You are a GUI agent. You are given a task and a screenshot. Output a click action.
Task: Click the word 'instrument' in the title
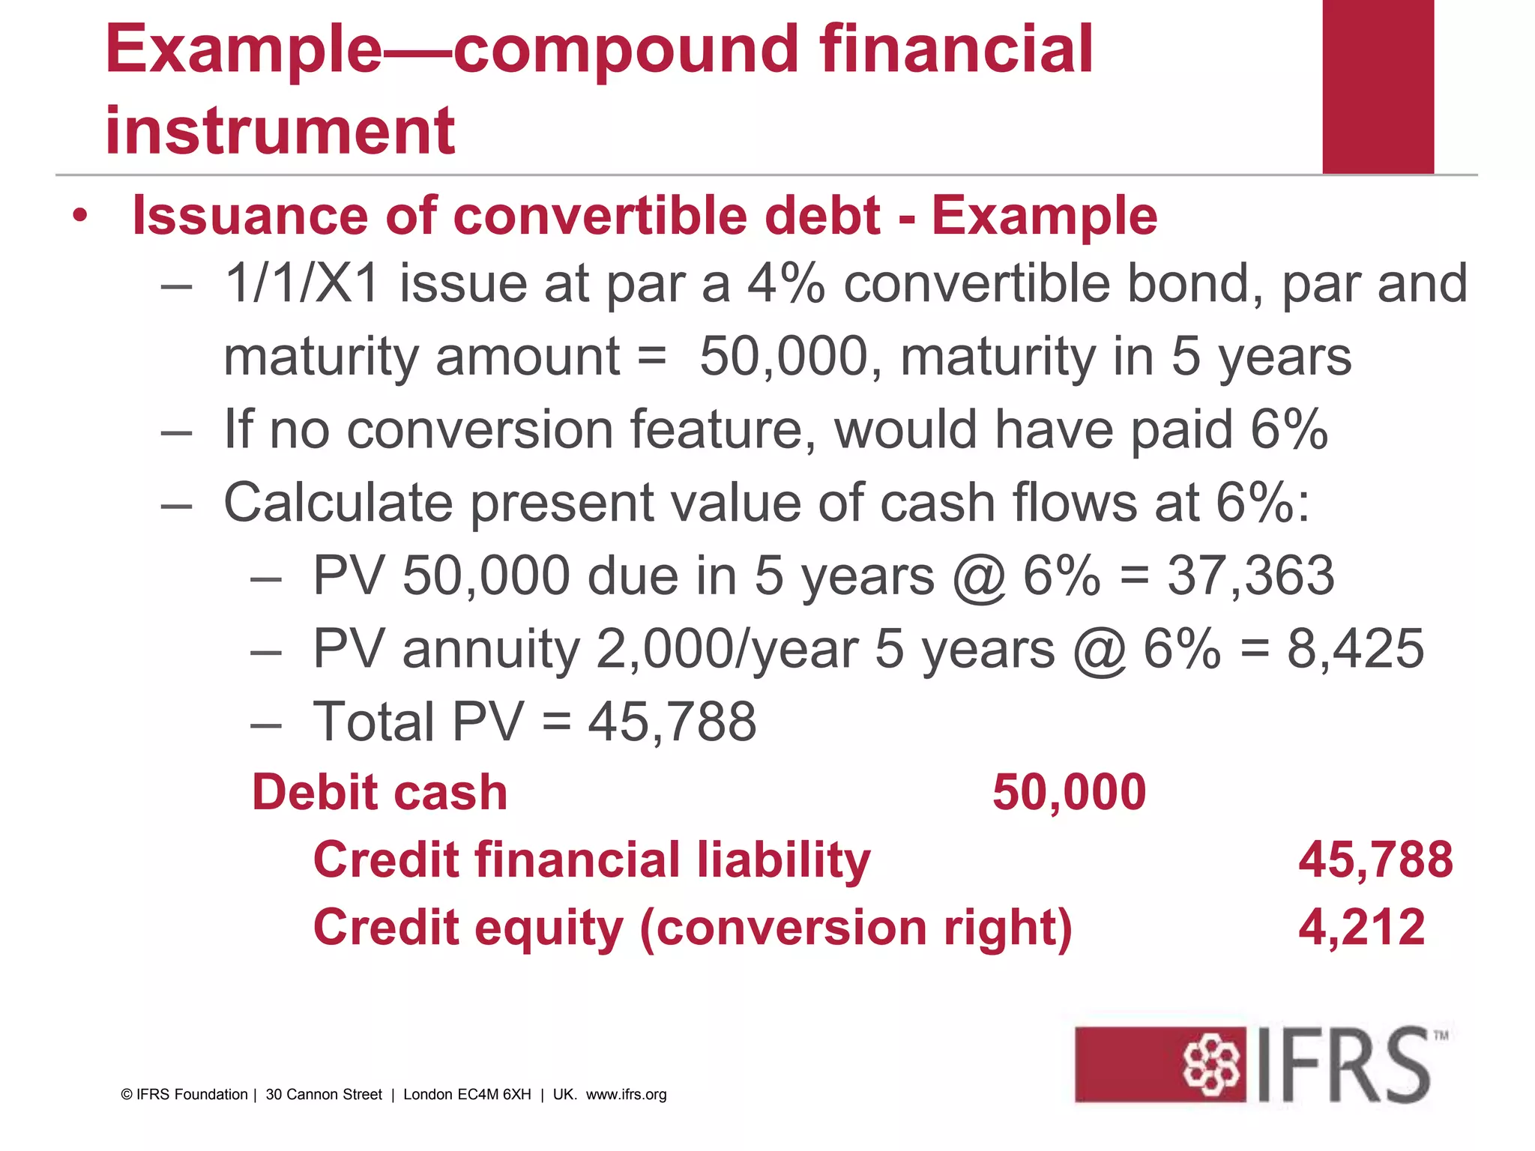(280, 131)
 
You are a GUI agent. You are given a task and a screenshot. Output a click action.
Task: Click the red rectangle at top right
(1378, 86)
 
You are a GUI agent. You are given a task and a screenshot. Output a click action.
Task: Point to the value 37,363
(1250, 575)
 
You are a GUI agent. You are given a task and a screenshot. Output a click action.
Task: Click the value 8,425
(1355, 648)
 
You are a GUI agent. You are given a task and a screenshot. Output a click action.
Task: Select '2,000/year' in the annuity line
(726, 649)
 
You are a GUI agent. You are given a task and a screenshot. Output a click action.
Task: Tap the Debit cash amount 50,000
(1069, 792)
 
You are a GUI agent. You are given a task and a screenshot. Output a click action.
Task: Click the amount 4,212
(1361, 927)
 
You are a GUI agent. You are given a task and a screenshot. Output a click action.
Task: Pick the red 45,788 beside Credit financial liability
(1375, 860)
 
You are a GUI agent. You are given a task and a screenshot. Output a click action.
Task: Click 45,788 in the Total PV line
(672, 722)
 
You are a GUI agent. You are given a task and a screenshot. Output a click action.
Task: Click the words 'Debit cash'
(379, 792)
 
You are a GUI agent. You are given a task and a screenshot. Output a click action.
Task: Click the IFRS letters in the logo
(1343, 1065)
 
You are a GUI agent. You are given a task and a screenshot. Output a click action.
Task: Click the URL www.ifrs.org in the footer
(626, 1095)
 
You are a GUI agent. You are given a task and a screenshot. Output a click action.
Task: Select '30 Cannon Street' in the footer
(324, 1095)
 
